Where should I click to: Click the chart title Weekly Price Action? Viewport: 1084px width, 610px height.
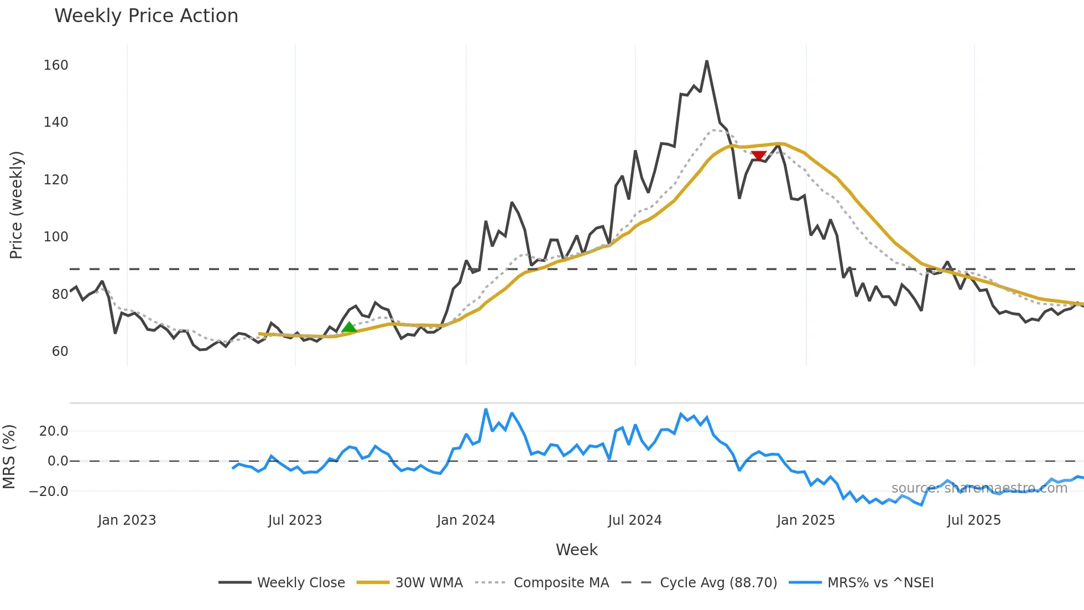(146, 16)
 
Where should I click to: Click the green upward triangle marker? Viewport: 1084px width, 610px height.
(349, 327)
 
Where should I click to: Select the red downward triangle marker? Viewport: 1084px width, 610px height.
(759, 156)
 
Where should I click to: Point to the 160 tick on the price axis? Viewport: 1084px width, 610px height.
(56, 65)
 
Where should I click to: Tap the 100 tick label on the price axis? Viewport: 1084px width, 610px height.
(56, 237)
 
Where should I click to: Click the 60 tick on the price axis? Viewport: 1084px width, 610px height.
(60, 351)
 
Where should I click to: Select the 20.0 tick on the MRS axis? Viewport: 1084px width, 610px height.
(54, 431)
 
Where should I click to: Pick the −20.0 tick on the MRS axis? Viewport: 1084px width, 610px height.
(49, 492)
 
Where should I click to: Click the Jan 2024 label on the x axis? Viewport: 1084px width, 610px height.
(466, 520)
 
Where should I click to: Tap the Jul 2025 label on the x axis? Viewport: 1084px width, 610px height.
(974, 520)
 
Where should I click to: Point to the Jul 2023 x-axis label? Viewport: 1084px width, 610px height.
(295, 520)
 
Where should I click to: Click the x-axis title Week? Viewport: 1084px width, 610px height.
(576, 550)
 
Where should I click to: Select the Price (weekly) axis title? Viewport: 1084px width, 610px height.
(16, 205)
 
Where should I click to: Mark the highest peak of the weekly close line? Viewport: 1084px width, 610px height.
(707, 61)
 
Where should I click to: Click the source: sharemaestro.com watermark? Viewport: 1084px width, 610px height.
(979, 488)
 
